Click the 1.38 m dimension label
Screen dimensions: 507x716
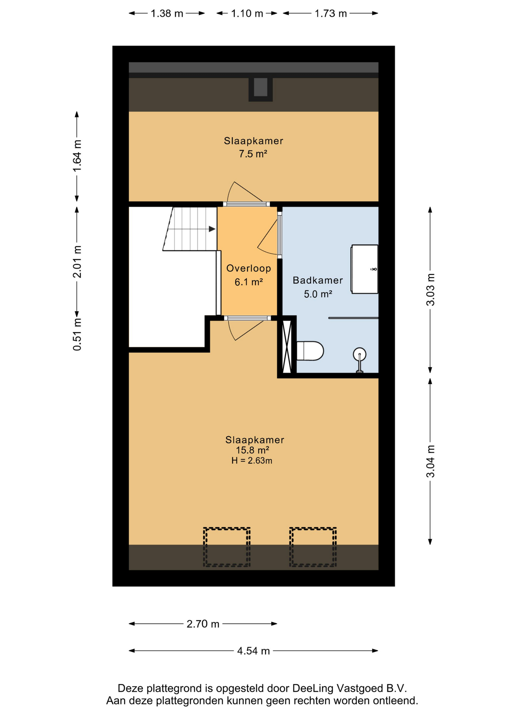(x=167, y=14)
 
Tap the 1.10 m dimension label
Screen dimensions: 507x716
(x=247, y=14)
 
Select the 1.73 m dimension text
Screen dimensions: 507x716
(x=331, y=14)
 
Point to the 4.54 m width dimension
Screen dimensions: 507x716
(x=253, y=651)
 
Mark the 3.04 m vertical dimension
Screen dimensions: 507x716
(x=430, y=461)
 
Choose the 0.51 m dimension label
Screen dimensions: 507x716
(x=77, y=334)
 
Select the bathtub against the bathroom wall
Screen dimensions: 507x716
(x=364, y=269)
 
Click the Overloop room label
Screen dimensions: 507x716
(x=249, y=268)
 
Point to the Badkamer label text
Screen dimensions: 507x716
(x=318, y=280)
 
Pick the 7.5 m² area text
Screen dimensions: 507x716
(x=253, y=154)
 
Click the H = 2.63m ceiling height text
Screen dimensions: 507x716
(x=252, y=461)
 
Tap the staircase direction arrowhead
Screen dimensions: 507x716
(x=212, y=229)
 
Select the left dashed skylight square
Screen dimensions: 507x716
(x=227, y=547)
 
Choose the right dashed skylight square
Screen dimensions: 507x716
(x=313, y=547)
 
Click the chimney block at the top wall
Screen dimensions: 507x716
(x=261, y=89)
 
